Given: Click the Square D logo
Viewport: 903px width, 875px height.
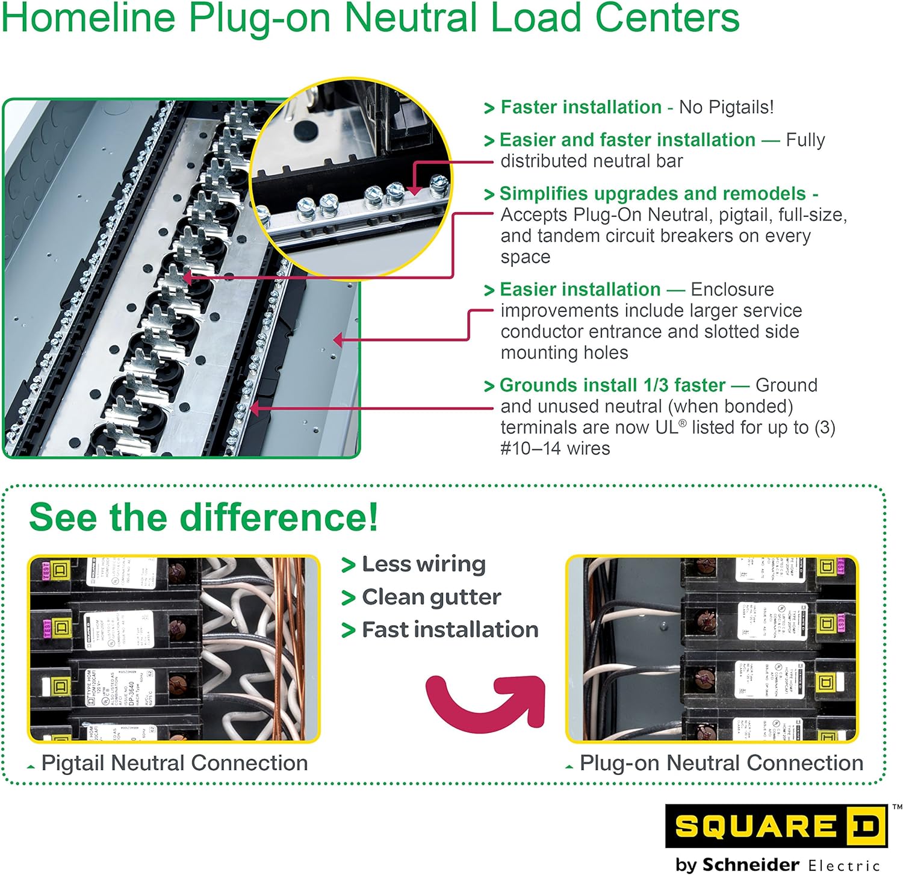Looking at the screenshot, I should tap(775, 826).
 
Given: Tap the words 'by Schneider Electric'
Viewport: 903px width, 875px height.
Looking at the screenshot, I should tap(777, 865).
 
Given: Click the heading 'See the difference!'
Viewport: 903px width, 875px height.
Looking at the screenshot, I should tap(203, 517).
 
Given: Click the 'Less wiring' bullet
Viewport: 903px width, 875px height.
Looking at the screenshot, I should tap(423, 564).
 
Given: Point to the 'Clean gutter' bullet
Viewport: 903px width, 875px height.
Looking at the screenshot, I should tap(431, 597).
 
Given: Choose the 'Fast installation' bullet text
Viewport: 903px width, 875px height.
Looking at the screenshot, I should tap(450, 629).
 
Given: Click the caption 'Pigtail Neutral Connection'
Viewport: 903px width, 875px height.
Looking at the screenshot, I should tap(174, 763).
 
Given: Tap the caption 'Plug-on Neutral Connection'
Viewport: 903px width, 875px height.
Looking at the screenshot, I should tap(721, 763).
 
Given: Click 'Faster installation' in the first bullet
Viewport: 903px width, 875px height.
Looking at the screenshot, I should tap(580, 107).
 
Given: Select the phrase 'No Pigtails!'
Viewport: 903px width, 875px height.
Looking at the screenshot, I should tap(726, 107).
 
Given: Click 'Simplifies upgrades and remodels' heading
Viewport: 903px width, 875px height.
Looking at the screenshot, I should tap(652, 193).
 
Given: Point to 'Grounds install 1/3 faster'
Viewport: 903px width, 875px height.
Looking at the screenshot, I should tap(612, 385).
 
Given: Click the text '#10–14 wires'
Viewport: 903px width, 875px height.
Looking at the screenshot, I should tap(555, 448).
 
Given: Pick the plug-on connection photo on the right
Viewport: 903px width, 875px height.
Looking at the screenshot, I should tap(712, 649).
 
